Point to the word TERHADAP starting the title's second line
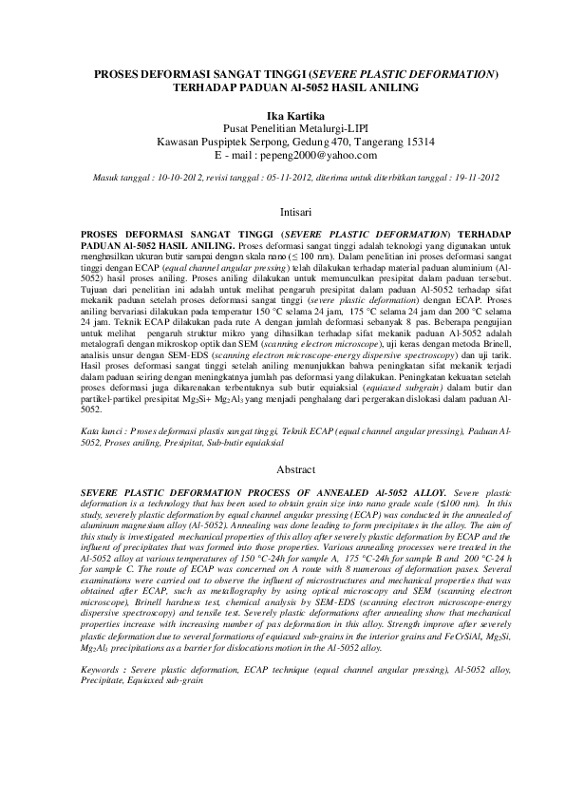click(x=208, y=86)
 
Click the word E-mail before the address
click(x=230, y=154)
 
